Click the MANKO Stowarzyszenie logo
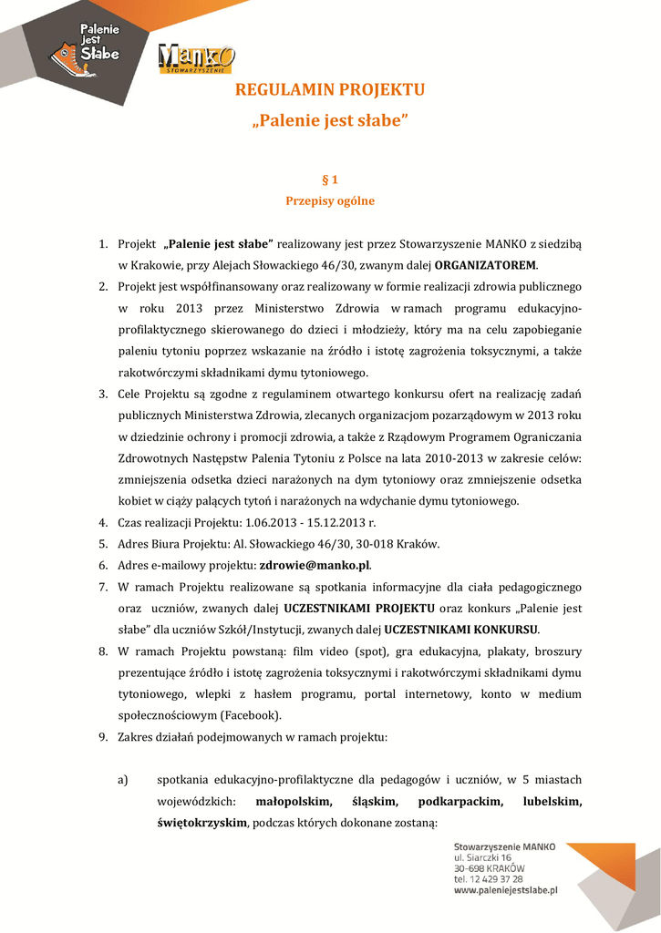point(196,59)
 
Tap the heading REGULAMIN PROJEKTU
point(330,89)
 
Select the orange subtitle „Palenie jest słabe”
point(330,120)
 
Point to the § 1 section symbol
point(330,179)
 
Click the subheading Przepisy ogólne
point(330,200)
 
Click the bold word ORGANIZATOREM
point(486,265)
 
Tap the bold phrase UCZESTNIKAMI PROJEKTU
point(359,608)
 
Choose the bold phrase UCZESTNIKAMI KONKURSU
point(461,630)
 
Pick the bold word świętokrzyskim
point(202,823)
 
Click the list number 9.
point(104,736)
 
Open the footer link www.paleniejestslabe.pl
point(505,891)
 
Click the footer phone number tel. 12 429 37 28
point(489,879)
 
